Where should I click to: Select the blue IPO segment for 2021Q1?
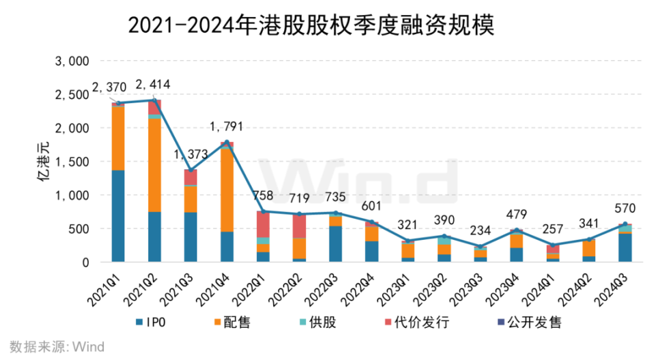[x=118, y=215]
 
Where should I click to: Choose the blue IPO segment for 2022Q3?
[x=335, y=243]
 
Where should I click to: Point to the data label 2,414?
[x=153, y=85]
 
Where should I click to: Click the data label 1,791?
[x=226, y=126]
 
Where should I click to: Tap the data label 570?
[x=625, y=208]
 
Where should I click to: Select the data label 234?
[x=480, y=231]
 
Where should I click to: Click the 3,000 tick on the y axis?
[x=72, y=61]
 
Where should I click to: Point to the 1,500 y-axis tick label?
[x=72, y=162]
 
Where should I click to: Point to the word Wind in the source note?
[x=89, y=346]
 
